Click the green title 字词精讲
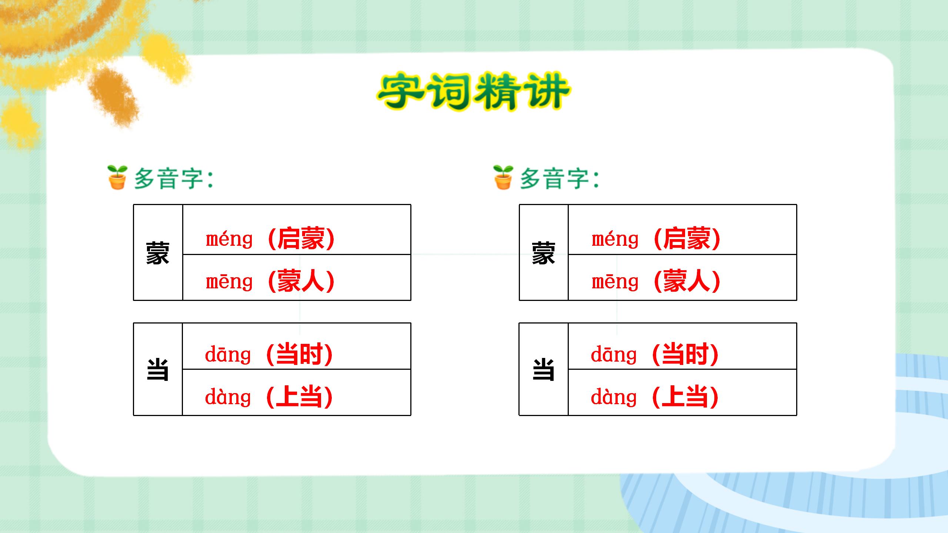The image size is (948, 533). pos(473,91)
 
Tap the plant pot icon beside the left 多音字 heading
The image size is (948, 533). pos(117,177)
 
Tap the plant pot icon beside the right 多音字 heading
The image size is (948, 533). pos(503,177)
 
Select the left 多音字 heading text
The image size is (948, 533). pos(173,179)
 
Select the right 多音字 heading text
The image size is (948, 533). pos(559,179)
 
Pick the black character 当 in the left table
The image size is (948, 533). pos(158,369)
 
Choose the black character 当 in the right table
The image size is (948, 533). pos(544,369)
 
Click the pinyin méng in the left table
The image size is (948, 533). pos(229,239)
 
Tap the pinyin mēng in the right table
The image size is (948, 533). pos(615,282)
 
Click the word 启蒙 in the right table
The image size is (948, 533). pos(687,239)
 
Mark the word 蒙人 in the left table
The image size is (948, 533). pos(301,281)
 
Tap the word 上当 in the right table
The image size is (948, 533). pos(685,397)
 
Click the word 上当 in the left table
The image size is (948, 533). pos(299,397)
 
